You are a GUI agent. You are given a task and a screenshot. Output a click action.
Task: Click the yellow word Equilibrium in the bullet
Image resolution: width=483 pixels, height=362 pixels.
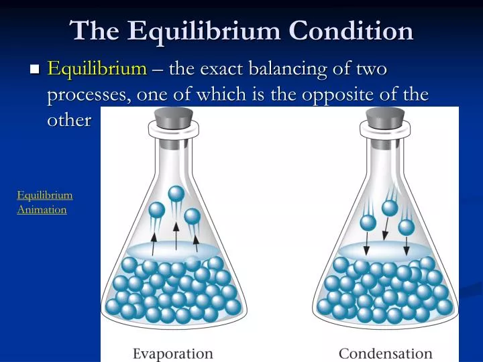pos(97,68)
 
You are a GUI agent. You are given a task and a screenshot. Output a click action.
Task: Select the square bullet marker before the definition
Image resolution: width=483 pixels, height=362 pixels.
pos(36,69)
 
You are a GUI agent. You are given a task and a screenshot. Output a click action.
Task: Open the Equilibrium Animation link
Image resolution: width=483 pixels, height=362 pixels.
pos(44,202)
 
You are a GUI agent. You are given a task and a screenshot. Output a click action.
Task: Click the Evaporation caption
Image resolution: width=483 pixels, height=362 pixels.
pos(173,353)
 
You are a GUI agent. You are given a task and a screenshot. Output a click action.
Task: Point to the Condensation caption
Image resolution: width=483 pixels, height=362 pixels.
pos(385,353)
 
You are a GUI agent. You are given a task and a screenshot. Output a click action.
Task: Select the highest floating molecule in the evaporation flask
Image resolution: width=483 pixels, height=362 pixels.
pos(176,194)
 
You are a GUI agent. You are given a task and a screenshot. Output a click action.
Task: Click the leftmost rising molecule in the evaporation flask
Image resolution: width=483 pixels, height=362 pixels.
pos(156,210)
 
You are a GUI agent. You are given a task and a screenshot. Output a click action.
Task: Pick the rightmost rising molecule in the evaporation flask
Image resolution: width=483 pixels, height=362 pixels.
pos(193,217)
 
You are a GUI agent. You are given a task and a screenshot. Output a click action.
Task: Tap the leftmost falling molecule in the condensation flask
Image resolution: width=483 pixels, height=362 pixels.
pos(368,223)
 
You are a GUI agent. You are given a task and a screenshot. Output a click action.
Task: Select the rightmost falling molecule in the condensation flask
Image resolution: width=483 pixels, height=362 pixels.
pos(406,227)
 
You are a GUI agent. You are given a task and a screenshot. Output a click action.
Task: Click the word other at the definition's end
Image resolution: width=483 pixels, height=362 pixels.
pos(68,121)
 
